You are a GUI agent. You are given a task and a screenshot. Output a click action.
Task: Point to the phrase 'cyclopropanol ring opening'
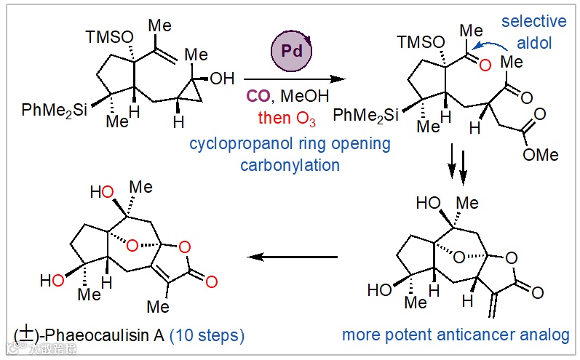(x=289, y=144)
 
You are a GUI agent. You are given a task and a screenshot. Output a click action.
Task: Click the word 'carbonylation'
(x=290, y=165)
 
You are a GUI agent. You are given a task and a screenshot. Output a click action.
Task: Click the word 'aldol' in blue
(x=535, y=44)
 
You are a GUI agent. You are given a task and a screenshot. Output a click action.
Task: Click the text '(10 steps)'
(x=207, y=335)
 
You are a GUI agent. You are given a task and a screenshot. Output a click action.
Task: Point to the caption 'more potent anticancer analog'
(x=456, y=335)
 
